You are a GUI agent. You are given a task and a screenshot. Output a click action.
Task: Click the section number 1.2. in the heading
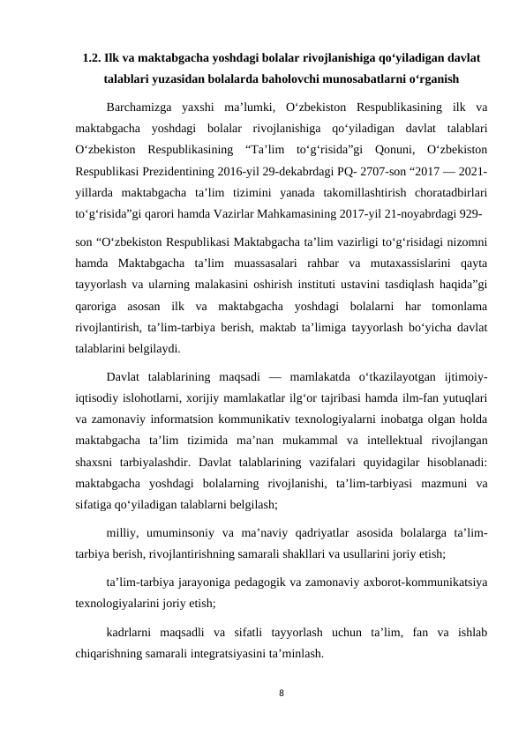pos(91,60)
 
